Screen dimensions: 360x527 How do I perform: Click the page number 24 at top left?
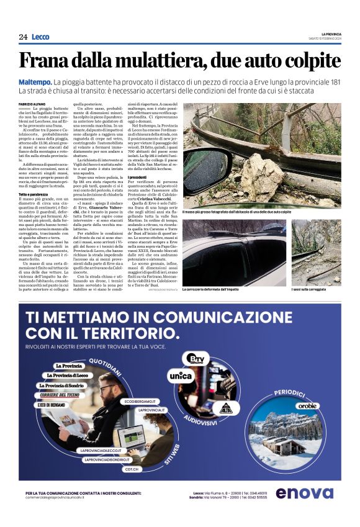click(x=23, y=37)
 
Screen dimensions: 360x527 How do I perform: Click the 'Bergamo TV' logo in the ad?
click(x=199, y=358)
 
